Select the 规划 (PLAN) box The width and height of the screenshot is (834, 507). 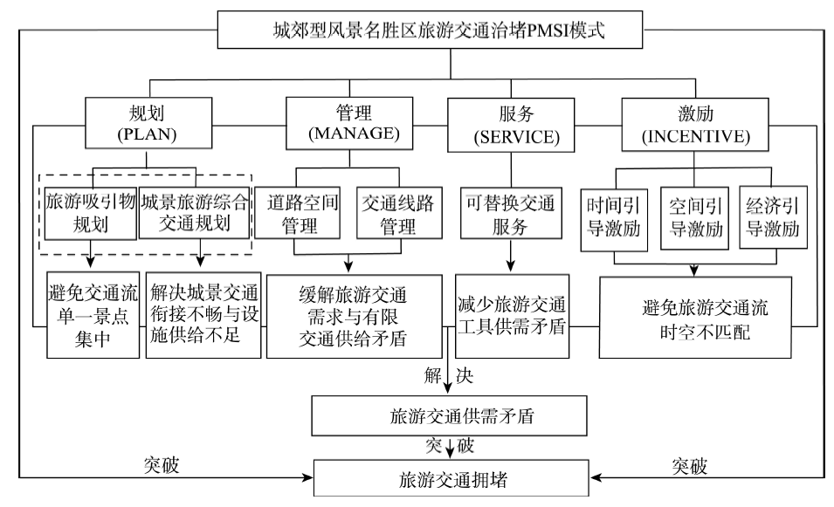[x=148, y=125]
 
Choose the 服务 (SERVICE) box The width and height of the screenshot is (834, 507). [x=510, y=125]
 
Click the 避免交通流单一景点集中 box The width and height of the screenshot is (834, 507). [x=93, y=315]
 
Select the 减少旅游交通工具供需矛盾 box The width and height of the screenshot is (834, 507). [x=512, y=315]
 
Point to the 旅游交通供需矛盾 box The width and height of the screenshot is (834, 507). [x=449, y=416]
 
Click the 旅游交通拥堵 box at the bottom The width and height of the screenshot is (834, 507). [x=449, y=477]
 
